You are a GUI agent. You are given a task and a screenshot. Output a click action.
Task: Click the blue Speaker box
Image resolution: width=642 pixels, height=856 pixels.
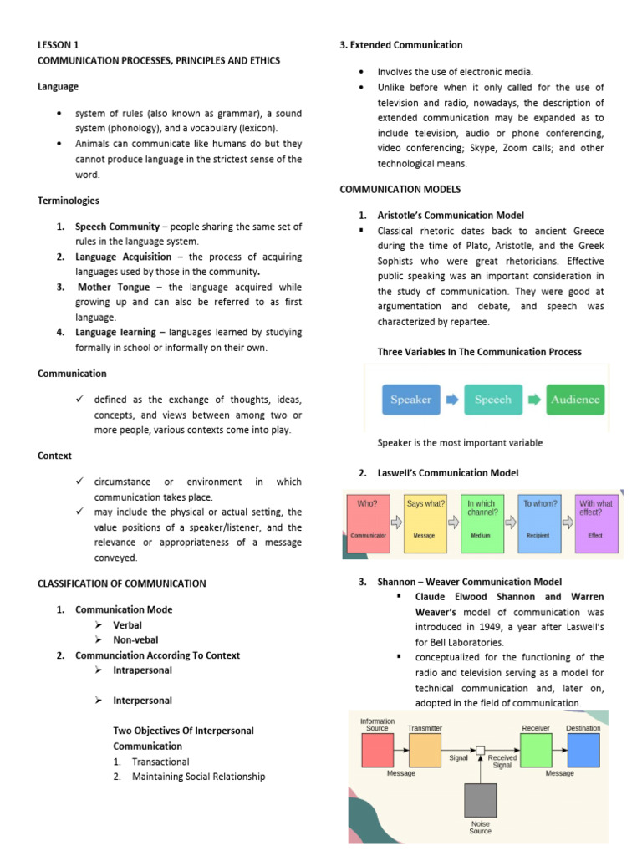point(410,400)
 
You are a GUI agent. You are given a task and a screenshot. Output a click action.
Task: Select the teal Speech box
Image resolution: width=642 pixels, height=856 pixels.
point(492,400)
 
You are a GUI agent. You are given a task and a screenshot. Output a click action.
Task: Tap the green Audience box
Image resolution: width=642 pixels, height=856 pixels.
point(575,400)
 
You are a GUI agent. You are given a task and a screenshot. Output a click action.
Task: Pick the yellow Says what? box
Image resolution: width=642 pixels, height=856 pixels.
point(425,522)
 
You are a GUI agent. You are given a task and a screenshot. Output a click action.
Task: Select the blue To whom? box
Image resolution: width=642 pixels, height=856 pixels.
point(541,522)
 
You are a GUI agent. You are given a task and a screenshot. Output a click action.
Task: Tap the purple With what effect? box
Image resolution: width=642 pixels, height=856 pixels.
point(596,522)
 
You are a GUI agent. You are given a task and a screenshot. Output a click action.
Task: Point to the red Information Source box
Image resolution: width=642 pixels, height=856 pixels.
point(377,751)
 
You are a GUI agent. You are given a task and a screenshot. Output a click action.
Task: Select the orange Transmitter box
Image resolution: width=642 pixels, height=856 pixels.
point(425,751)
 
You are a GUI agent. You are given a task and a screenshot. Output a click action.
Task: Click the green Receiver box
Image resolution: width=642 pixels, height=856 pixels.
point(536,751)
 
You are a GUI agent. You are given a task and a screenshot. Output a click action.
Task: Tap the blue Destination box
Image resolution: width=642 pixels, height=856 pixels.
point(583,751)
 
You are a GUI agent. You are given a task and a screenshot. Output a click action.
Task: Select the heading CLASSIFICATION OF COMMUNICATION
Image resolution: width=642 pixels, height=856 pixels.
point(121,583)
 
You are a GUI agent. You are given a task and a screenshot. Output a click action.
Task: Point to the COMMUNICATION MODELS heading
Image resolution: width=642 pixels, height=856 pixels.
point(400,190)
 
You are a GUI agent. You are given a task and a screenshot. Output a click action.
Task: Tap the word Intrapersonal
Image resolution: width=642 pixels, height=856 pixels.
point(143,670)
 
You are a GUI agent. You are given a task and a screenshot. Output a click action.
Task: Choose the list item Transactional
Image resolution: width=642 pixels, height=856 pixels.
point(160,762)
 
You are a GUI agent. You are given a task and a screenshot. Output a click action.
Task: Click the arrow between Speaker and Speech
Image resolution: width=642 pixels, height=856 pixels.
point(452,400)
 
